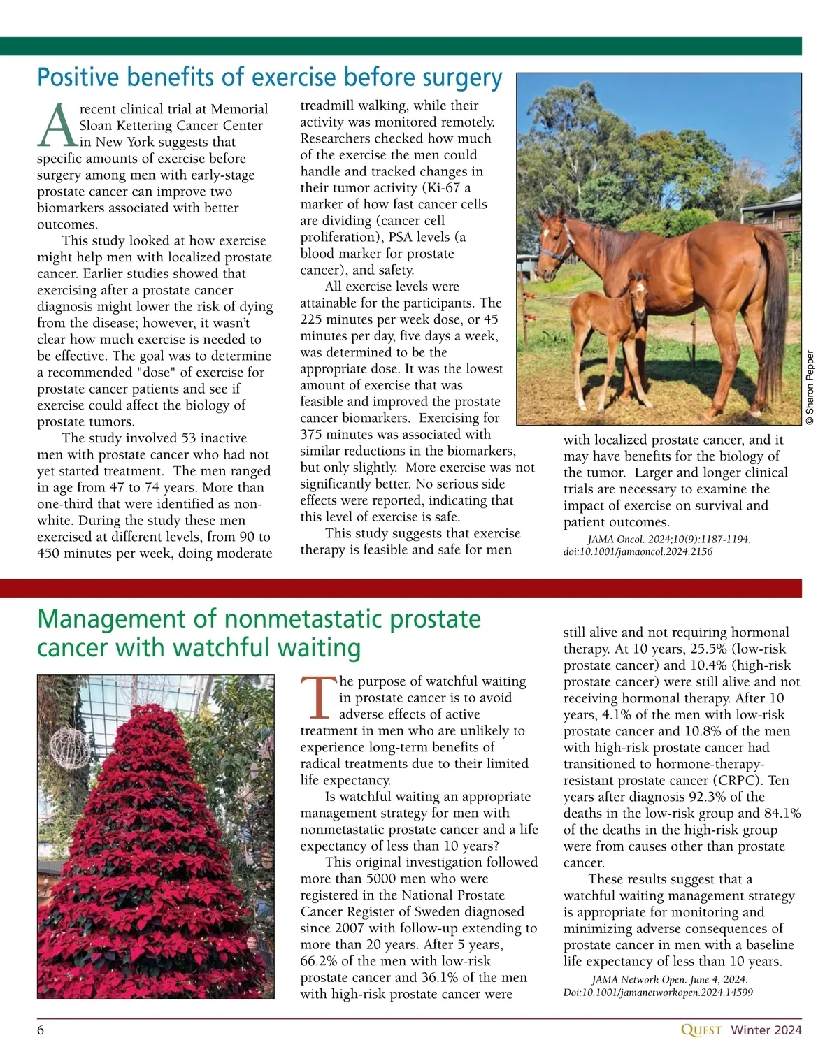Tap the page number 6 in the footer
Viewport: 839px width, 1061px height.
point(41,1030)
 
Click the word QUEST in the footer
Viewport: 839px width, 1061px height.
point(701,1030)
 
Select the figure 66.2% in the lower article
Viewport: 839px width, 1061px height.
point(319,961)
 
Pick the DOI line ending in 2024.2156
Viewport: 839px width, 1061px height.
point(638,551)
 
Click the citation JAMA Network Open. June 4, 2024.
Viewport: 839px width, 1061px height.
point(669,980)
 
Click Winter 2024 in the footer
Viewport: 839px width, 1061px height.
point(766,1030)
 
